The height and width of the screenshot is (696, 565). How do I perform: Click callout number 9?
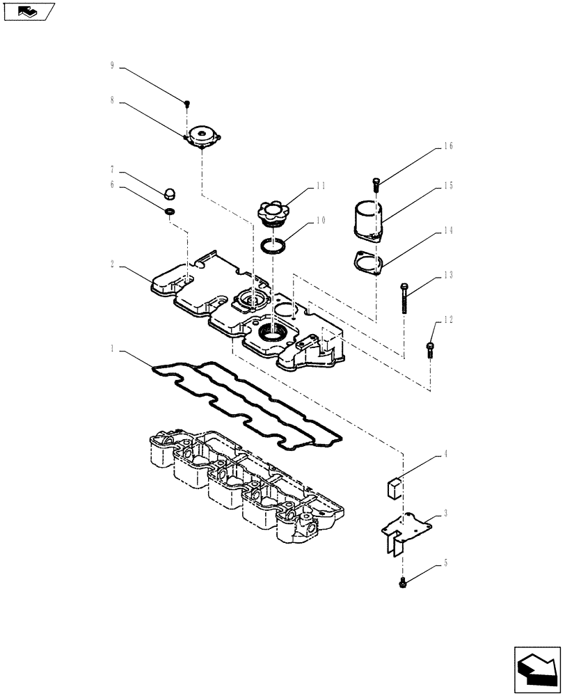(111, 66)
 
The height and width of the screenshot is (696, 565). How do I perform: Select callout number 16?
(447, 146)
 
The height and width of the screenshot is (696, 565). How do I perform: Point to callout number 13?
(447, 276)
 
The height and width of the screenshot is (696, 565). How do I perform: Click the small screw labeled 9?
(186, 104)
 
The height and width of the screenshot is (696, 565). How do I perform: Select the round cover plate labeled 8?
(202, 136)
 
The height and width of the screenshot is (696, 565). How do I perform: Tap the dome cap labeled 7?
(168, 193)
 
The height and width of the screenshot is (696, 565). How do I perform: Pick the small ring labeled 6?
(169, 211)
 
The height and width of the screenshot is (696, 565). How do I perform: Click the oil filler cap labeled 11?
(271, 212)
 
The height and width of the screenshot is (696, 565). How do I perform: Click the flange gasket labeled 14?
(368, 262)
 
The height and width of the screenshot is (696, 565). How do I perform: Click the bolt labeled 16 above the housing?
(376, 184)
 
